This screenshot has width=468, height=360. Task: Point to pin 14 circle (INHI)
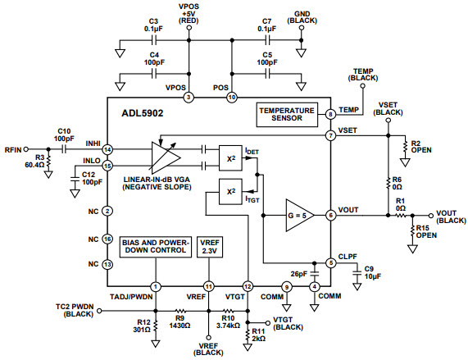pyautogui.click(x=107, y=150)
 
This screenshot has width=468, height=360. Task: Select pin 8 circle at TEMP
pyautogui.click(x=330, y=114)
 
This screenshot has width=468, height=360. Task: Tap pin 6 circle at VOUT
pyautogui.click(x=330, y=216)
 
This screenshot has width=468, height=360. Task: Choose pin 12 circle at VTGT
pyautogui.click(x=247, y=285)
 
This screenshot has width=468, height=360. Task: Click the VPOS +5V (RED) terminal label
pyautogui.click(x=189, y=12)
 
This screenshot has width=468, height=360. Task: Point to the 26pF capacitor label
pyautogui.click(x=298, y=273)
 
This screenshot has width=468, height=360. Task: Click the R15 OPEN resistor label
pyautogui.click(x=424, y=232)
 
